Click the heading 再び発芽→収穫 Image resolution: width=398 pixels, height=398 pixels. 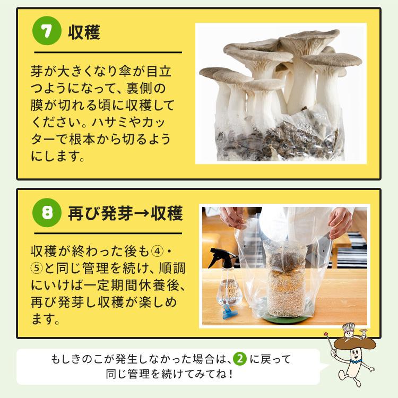tap(125, 214)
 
